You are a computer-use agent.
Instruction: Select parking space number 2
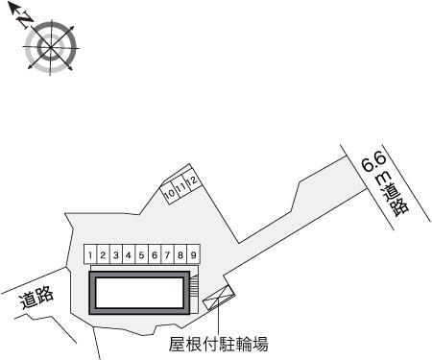point(103,255)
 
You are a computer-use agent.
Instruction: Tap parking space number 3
point(115,255)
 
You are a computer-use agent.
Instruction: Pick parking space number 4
point(128,255)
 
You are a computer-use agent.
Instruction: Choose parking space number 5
point(141,255)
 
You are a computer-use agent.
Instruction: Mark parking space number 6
point(154,255)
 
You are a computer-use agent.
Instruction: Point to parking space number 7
point(167,255)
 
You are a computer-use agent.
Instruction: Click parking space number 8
point(180,255)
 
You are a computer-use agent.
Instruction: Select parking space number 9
point(193,255)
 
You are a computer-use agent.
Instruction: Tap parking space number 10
point(169,193)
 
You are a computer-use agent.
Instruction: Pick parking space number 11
point(180,186)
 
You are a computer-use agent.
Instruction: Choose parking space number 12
point(192,180)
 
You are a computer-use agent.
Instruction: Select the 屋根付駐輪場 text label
point(219,343)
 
